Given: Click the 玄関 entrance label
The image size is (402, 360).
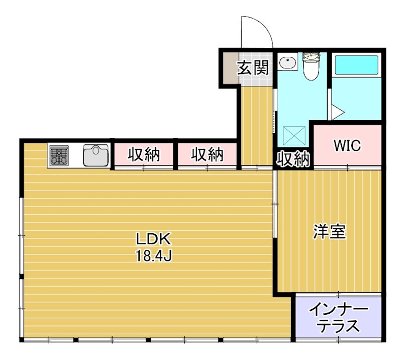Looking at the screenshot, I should pos(253,68).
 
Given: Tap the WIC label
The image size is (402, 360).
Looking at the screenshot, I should pos(347,146).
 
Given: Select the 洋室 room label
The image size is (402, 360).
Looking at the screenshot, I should pos(330,232).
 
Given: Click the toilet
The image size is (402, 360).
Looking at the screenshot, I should pos(311,67).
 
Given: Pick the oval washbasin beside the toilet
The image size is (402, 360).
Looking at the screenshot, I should pos(287,63).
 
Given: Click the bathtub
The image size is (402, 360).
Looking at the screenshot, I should pos(356,64).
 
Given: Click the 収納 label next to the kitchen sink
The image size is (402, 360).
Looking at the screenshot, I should pos(143,155).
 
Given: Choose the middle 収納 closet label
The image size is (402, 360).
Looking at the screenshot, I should pos(207,155).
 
